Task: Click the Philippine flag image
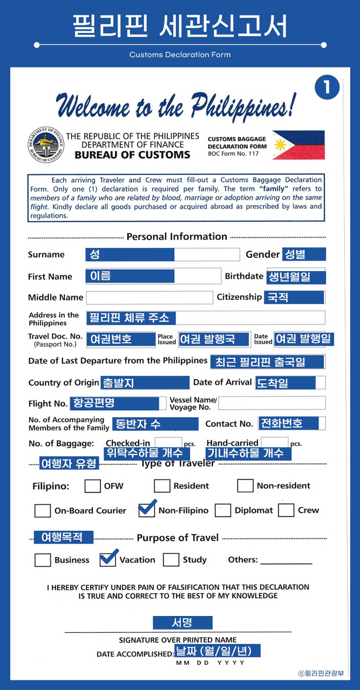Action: point(298,145)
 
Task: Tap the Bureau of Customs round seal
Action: point(45,145)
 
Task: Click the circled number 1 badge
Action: point(327,88)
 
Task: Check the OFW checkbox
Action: point(92,486)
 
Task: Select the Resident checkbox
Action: point(162,486)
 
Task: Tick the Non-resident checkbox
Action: point(245,486)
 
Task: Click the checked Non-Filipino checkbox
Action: point(147,510)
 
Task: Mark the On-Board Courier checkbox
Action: point(43,511)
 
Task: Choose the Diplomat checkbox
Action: point(223,511)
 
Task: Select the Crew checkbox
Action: point(286,511)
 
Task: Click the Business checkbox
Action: point(43,560)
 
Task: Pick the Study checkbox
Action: point(171,560)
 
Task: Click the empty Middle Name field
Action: point(150,297)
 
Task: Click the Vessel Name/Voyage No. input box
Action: point(272,403)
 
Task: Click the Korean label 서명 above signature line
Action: point(182,623)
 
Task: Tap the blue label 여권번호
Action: point(115,339)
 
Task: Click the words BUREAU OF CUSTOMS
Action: point(132,155)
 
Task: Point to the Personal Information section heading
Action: point(176,236)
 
